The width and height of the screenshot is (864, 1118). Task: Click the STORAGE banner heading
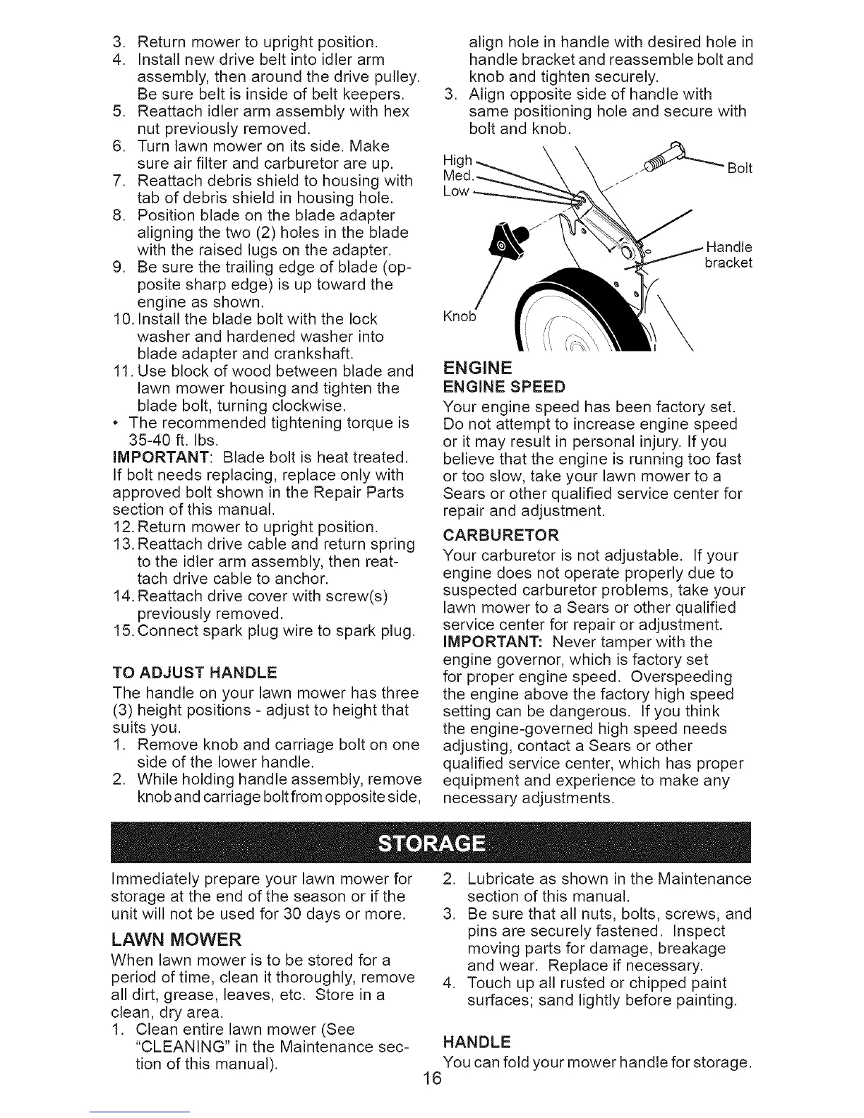[x=431, y=844]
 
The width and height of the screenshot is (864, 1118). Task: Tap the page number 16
[x=431, y=1098]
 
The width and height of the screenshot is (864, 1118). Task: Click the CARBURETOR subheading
[x=500, y=534]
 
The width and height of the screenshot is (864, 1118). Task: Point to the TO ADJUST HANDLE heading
[x=195, y=671]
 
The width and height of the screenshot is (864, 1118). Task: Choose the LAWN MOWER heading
[x=176, y=939]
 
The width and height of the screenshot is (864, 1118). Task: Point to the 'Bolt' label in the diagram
[x=739, y=168]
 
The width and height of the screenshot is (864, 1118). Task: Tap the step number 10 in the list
[x=122, y=319]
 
